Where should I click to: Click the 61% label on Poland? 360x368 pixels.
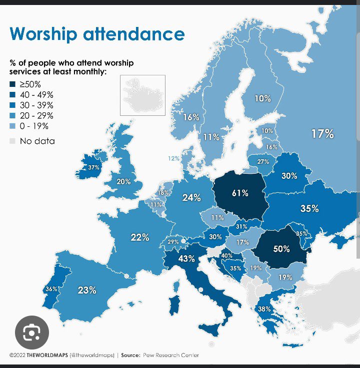coord(240,193)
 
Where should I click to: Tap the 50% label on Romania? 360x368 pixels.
coord(281,248)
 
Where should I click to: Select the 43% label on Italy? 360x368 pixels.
coord(186,259)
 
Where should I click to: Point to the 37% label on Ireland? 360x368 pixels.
coord(93,168)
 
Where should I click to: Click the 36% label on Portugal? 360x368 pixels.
coord(51,289)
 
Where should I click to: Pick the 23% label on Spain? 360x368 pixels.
coord(87,290)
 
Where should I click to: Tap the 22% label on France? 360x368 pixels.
coord(140,238)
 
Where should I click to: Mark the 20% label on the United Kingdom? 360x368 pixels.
coord(123,182)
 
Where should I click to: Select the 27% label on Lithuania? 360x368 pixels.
coord(263,162)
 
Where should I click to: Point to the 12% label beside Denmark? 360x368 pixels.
coord(173,158)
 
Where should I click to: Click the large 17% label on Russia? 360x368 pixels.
coord(322,134)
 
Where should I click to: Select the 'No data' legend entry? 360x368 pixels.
coord(37,141)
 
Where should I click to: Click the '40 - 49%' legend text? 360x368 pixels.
coord(36,94)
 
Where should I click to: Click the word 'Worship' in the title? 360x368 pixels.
coord(43,34)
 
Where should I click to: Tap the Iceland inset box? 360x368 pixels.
coord(142,95)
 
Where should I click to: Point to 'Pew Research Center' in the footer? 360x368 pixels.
coord(170,356)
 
